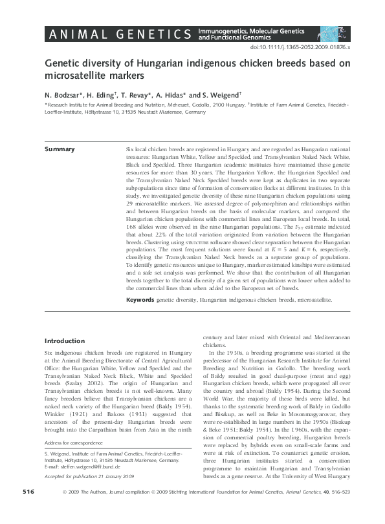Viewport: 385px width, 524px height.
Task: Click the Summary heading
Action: click(59, 149)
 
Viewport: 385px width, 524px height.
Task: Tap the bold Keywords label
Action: click(140, 300)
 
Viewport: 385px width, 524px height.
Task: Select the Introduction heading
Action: click(65, 341)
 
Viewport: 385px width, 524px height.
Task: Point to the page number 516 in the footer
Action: click(28, 510)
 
